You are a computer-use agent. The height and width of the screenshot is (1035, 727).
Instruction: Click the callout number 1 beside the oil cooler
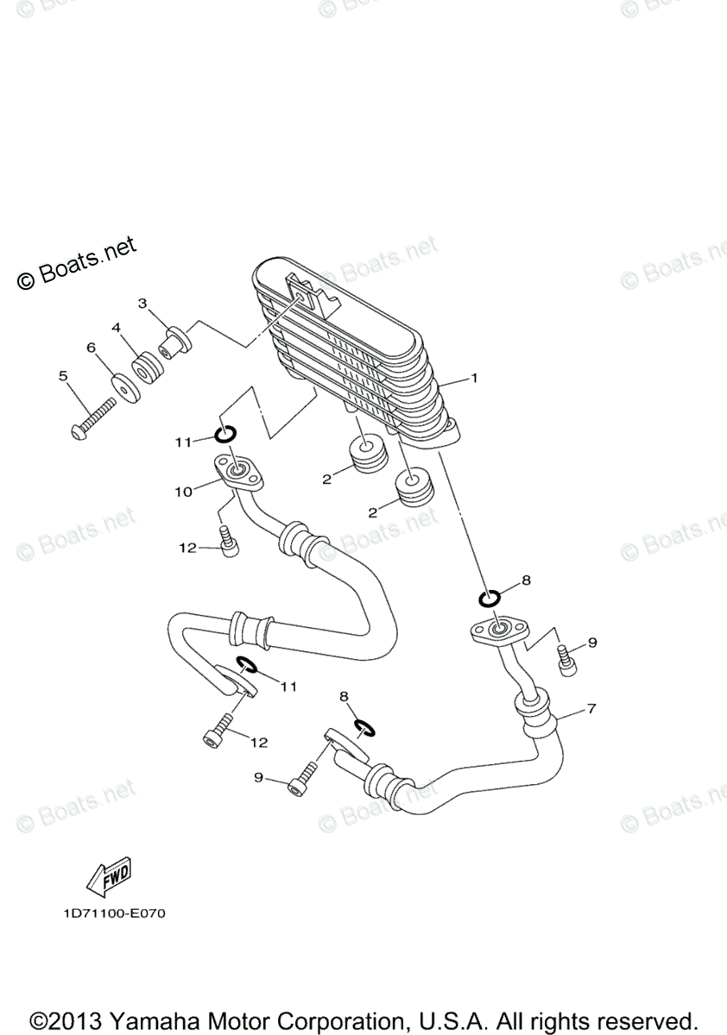click(x=472, y=378)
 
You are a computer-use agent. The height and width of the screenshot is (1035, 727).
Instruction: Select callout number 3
click(x=142, y=303)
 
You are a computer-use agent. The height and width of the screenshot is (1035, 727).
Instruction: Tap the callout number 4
click(x=114, y=328)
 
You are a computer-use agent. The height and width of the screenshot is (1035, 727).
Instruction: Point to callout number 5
click(x=62, y=375)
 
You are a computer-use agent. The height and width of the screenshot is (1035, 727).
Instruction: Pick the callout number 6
click(x=90, y=347)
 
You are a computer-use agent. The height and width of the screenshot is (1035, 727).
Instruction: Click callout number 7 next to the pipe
click(x=591, y=709)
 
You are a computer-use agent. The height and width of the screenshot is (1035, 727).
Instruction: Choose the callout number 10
click(x=183, y=492)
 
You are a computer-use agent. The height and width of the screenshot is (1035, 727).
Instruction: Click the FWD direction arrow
click(x=107, y=880)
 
